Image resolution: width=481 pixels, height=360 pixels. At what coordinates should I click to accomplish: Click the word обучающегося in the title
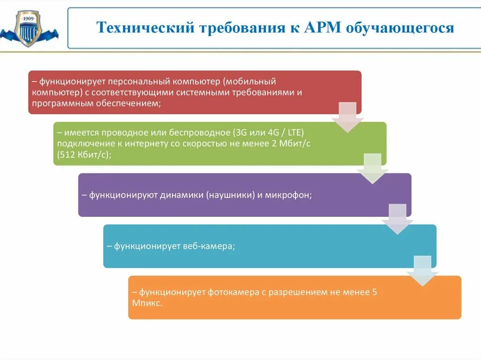point(400,28)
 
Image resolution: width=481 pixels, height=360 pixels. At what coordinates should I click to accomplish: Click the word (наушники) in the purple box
point(229,195)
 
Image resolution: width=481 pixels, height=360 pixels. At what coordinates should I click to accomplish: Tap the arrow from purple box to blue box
point(397,219)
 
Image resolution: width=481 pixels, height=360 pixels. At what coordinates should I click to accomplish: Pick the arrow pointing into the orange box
point(422,271)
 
